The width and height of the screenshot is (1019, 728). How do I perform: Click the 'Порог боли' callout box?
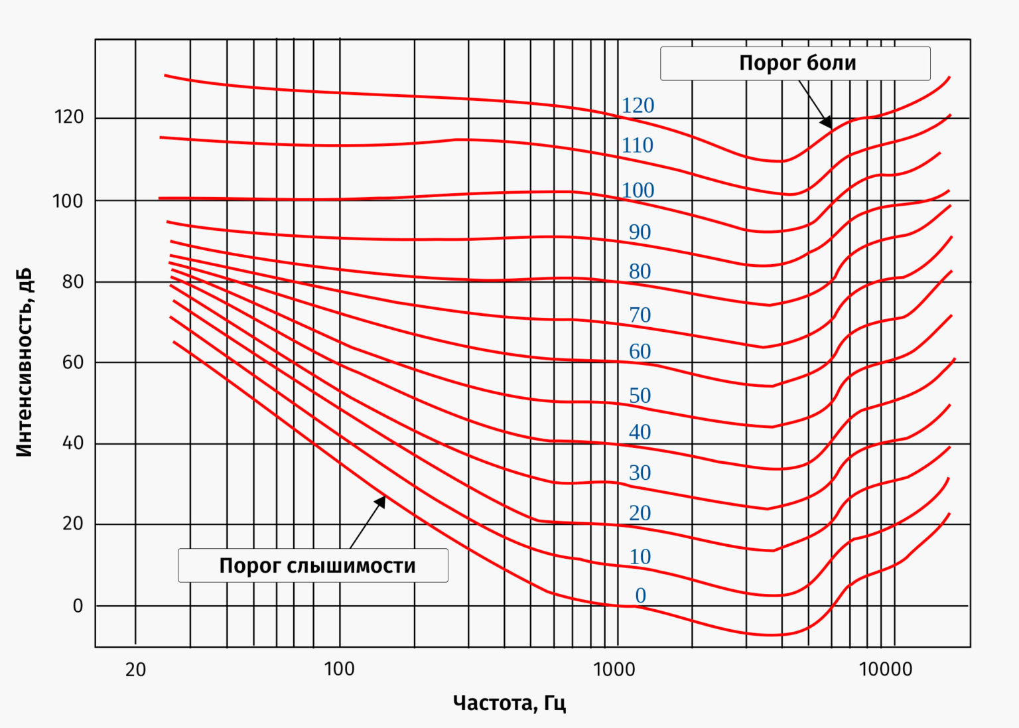pyautogui.click(x=795, y=64)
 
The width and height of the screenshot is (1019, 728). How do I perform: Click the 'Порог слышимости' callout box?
pyautogui.click(x=313, y=565)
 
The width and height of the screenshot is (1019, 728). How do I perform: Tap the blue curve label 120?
pyautogui.click(x=638, y=106)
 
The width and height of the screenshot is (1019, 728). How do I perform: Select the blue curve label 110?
pyautogui.click(x=638, y=145)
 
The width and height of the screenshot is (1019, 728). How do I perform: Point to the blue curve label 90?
pyautogui.click(x=640, y=232)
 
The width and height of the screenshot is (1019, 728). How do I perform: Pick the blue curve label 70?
pyautogui.click(x=640, y=315)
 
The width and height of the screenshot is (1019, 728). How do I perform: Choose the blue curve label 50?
pyautogui.click(x=640, y=396)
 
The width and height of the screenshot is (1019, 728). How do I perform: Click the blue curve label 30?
pyautogui.click(x=640, y=473)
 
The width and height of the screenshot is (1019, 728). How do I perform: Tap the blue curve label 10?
pyautogui.click(x=640, y=557)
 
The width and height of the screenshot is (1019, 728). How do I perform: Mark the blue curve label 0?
pyautogui.click(x=640, y=596)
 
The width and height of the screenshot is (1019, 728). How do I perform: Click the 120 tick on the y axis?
pyautogui.click(x=69, y=117)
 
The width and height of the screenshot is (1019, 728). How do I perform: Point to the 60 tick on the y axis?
pyautogui.click(x=73, y=362)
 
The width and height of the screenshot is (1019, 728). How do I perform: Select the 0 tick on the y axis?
pyautogui.click(x=78, y=606)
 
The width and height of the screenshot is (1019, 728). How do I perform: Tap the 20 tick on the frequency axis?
pyautogui.click(x=135, y=670)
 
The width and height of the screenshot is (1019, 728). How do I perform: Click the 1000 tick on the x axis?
pyautogui.click(x=614, y=669)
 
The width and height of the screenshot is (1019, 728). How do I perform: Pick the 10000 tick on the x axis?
pyautogui.click(x=886, y=669)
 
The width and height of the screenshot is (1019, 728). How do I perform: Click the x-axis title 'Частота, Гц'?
pyautogui.click(x=509, y=703)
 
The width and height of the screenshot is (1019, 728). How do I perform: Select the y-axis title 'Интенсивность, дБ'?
pyautogui.click(x=24, y=362)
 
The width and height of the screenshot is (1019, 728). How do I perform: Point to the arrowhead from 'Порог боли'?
pyautogui.click(x=827, y=123)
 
